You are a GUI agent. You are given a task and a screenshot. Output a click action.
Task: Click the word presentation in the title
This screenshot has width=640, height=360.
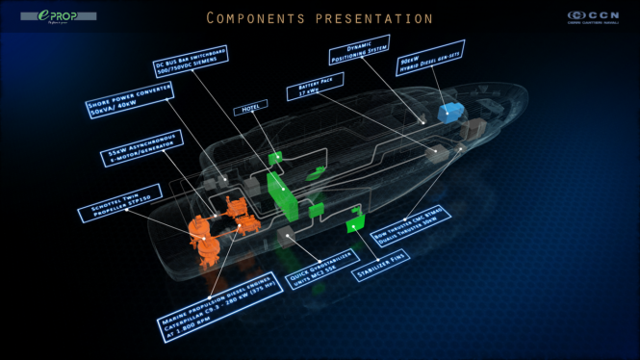click(x=381, y=18)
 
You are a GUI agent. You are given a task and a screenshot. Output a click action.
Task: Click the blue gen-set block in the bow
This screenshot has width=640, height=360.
click(x=449, y=114)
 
